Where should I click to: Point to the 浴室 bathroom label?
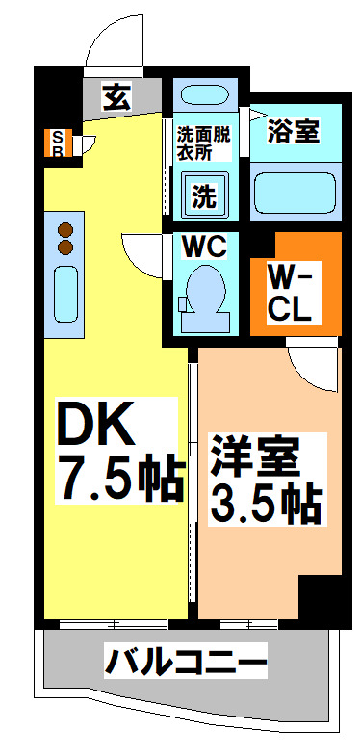click(295, 132)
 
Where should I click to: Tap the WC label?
click(203, 247)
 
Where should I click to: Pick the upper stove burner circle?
click(65, 230)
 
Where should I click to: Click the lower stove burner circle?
click(65, 248)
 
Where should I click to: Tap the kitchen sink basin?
click(65, 294)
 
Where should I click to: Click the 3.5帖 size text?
click(262, 502)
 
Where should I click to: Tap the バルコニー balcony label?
click(186, 664)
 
